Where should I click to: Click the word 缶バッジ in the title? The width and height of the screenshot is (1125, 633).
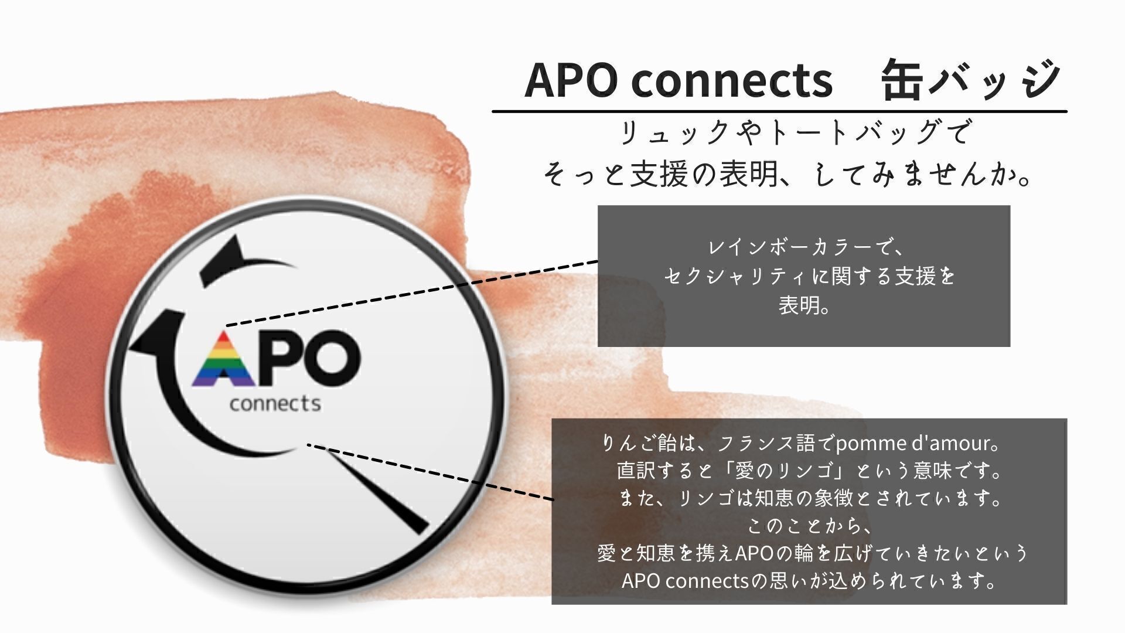(x=970, y=79)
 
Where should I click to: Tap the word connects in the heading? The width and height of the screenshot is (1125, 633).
(x=732, y=81)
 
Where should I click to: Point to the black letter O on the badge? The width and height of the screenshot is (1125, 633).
(x=331, y=359)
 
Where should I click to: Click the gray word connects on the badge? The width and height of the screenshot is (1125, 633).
(x=275, y=403)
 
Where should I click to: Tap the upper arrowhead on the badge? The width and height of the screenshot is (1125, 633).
(x=226, y=260)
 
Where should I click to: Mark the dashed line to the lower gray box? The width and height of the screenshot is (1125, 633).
(x=431, y=472)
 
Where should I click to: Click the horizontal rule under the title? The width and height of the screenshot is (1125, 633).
(x=779, y=111)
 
